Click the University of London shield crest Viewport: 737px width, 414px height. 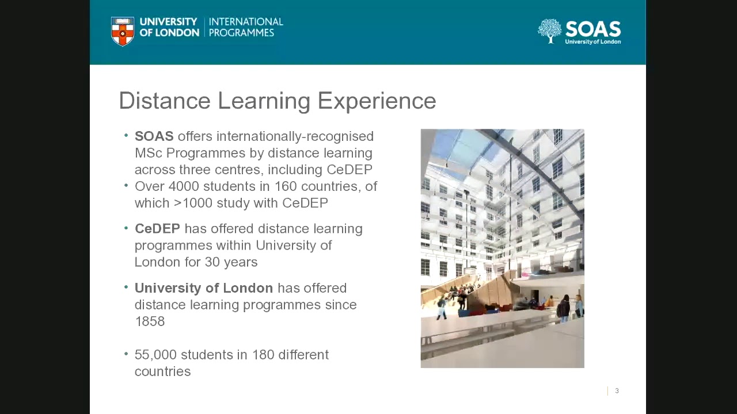click(123, 31)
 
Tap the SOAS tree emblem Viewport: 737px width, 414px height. click(549, 30)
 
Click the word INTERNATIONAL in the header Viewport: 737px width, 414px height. click(246, 22)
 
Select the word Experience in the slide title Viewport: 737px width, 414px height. click(377, 101)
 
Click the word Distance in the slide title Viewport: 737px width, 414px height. click(165, 101)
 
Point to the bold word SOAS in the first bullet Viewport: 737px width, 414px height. click(154, 136)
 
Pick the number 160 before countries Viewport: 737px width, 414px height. click(285, 186)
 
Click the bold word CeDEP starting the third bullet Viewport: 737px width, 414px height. click(157, 229)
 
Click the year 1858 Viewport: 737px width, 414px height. click(150, 321)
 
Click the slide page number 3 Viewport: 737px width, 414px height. click(617, 391)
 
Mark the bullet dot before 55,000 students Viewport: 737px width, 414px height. click(126, 354)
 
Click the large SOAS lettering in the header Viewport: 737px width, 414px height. click(592, 29)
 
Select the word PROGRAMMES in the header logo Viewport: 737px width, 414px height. click(241, 33)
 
